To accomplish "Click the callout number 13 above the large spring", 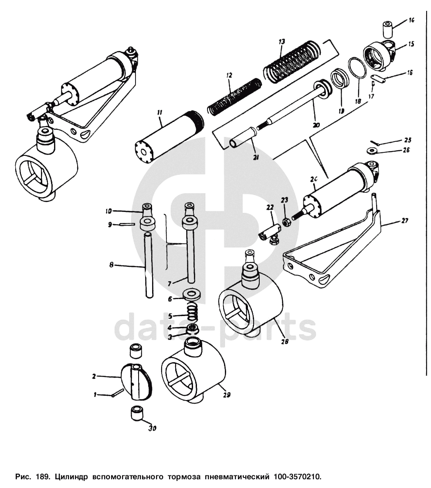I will point(282,42).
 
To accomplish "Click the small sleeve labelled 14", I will point(387,29).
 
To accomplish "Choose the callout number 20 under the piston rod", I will point(316,125).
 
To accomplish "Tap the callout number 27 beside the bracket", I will point(405,221).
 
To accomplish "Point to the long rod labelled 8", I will point(149,266).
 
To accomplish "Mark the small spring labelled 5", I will point(192,312).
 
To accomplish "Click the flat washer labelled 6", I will point(192,294).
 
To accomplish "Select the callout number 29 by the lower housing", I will point(227,395).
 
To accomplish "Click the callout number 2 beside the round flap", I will point(94,375).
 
